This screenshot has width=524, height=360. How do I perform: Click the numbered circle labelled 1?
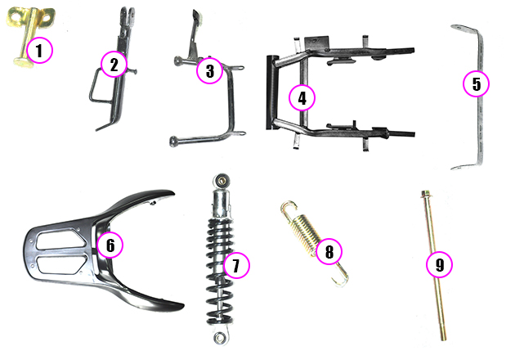(40, 51)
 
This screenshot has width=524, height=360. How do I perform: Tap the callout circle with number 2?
(114, 65)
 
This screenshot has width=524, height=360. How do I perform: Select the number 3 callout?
(209, 70)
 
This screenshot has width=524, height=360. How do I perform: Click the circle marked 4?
(302, 98)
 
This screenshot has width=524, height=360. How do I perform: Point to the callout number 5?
(477, 83)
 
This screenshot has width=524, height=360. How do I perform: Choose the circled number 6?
(110, 245)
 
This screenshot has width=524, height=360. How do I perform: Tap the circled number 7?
(236, 265)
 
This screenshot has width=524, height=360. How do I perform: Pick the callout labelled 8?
(329, 251)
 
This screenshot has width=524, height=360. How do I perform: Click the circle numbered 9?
(440, 264)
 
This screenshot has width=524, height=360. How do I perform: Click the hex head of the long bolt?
(425, 194)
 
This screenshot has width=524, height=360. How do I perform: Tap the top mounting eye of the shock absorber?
(222, 181)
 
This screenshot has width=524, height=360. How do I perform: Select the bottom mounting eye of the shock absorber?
(220, 337)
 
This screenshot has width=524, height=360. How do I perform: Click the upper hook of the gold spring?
(288, 208)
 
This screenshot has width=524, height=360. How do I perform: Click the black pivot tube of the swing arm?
(272, 92)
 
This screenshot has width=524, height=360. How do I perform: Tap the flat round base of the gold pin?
(24, 61)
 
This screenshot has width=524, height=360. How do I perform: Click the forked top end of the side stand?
(128, 14)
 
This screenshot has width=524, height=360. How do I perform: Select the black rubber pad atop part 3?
(197, 16)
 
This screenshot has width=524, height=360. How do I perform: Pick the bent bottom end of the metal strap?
(464, 166)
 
